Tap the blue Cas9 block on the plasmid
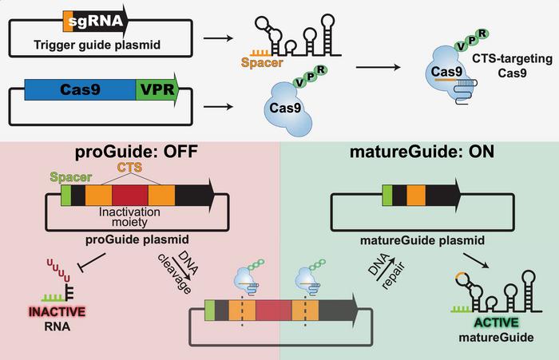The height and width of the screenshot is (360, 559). tap(80, 89)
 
